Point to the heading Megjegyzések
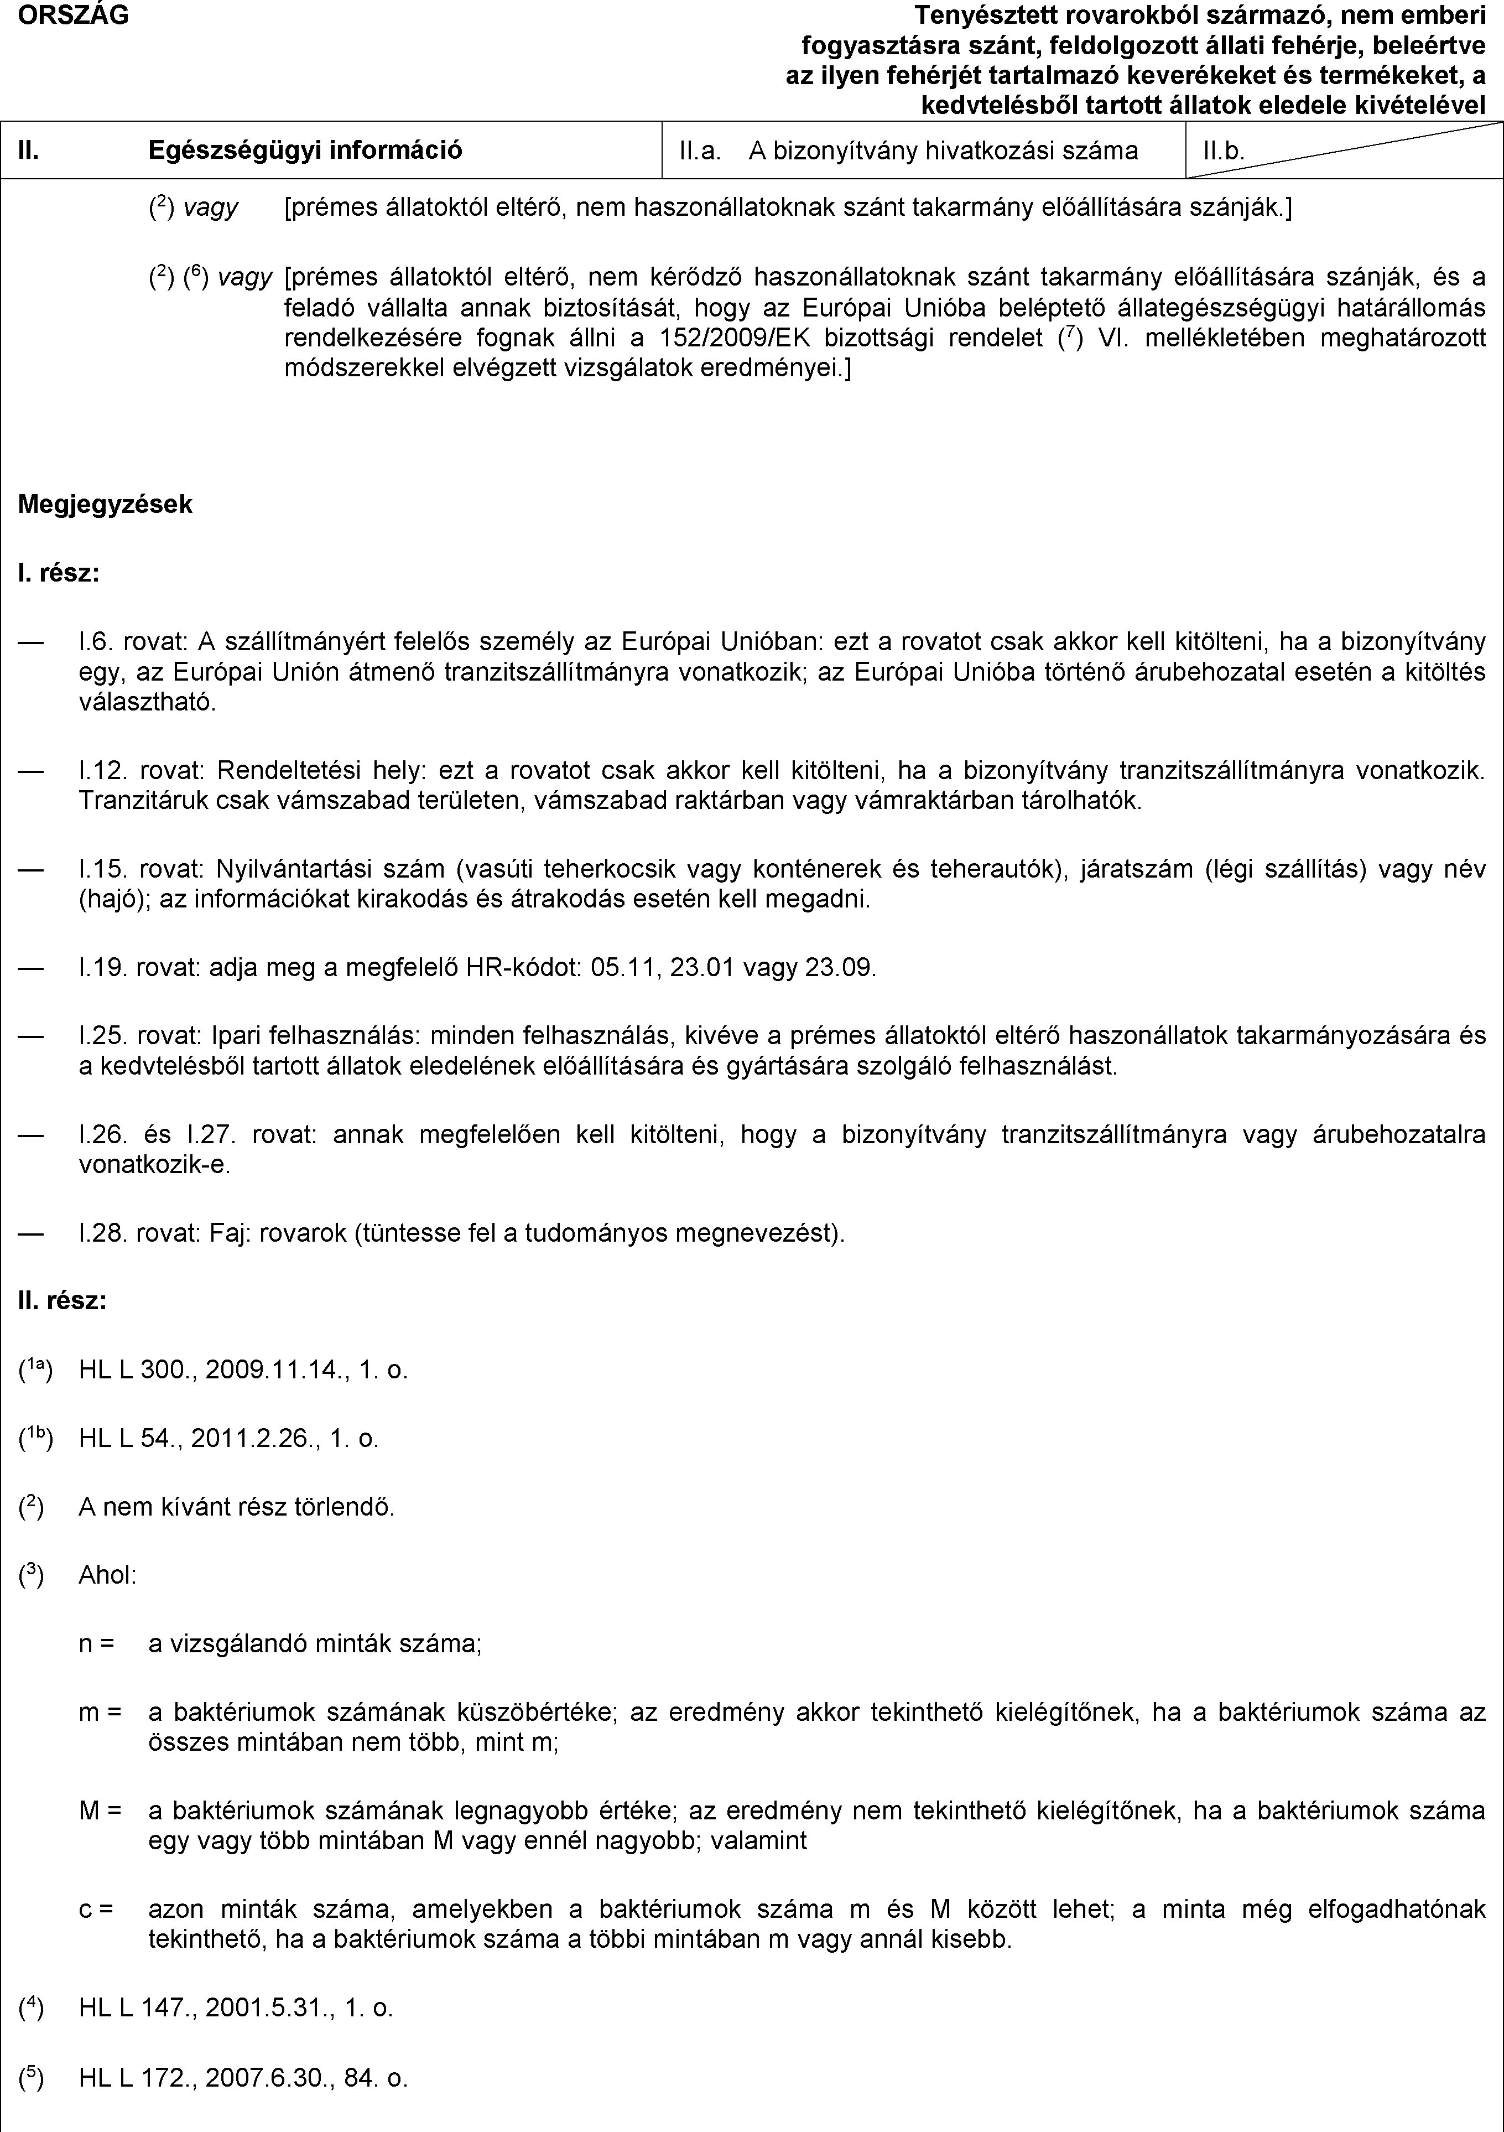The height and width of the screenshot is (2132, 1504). coord(106,504)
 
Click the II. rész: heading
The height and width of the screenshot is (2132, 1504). coord(62,1301)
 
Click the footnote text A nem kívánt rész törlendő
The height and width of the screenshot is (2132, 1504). coord(237,1507)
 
